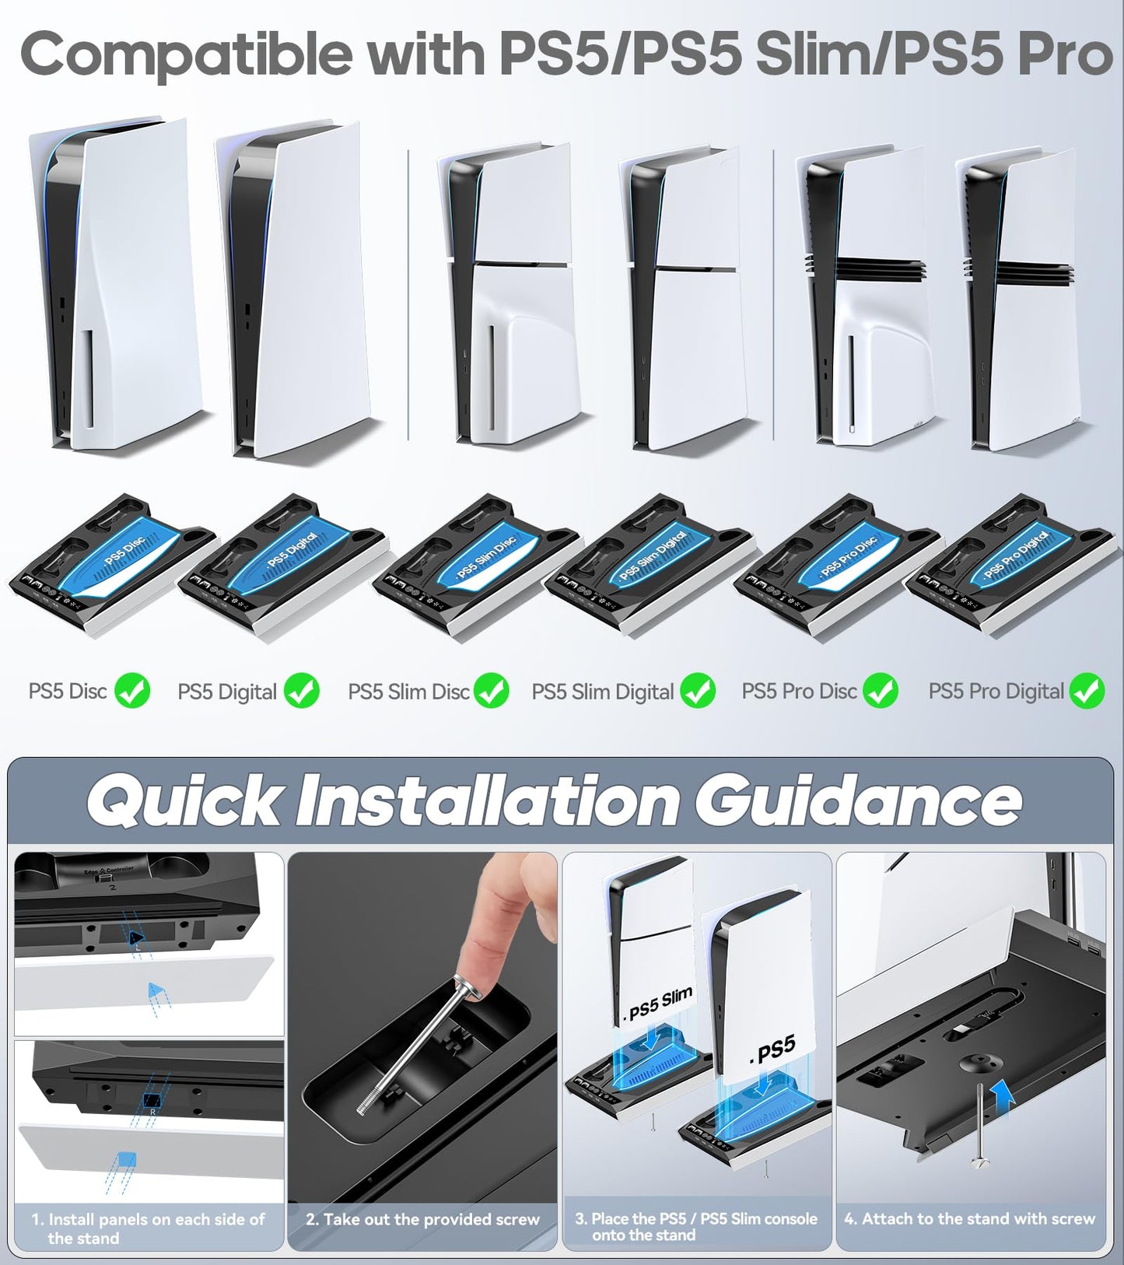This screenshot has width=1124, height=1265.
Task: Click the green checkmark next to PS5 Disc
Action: click(132, 691)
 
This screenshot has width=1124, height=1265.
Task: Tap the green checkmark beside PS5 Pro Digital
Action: click(1087, 691)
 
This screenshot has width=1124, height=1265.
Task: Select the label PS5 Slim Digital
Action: click(602, 692)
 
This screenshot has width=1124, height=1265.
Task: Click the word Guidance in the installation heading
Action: click(857, 801)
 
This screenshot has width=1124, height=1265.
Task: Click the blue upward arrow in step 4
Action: click(1004, 1100)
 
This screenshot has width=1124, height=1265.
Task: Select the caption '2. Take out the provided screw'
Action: click(422, 1219)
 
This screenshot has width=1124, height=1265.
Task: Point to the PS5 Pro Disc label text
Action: click(799, 692)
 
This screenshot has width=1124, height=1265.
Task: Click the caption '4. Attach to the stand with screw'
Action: click(969, 1219)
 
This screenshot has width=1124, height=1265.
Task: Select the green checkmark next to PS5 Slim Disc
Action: click(492, 691)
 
